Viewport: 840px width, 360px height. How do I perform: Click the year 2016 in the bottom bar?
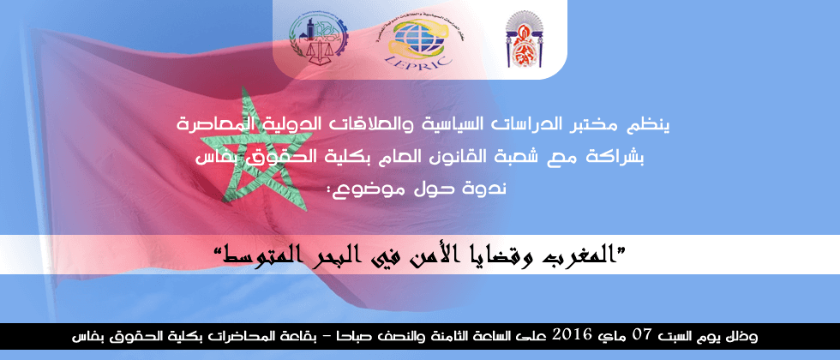573,335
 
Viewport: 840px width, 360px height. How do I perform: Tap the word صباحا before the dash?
350,336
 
